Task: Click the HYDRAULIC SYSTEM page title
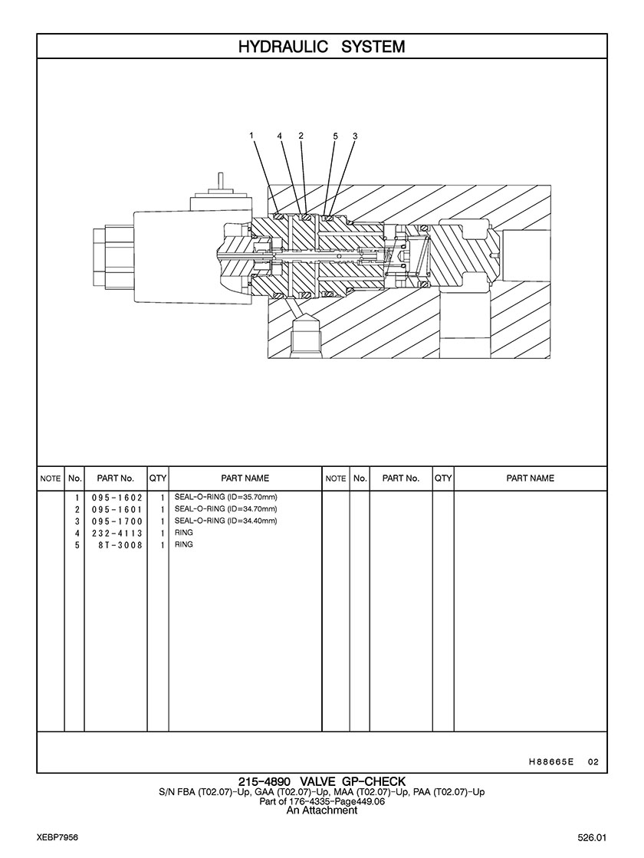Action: (x=322, y=47)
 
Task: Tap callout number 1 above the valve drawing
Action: (x=251, y=135)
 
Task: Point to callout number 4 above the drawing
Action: (x=280, y=135)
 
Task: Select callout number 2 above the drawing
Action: (x=301, y=135)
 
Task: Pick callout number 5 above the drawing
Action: (x=335, y=136)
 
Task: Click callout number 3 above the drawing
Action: (x=355, y=136)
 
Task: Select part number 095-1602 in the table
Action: (x=117, y=498)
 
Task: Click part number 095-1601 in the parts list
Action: (x=117, y=509)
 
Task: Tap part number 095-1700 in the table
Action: (x=117, y=521)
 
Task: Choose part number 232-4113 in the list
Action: (x=117, y=534)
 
